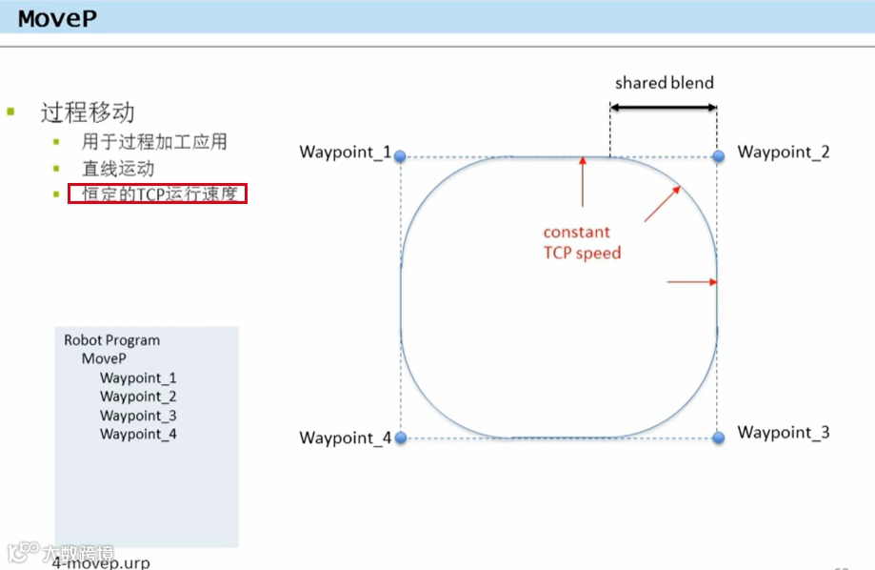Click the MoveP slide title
pyautogui.click(x=57, y=18)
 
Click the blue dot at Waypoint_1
pyautogui.click(x=400, y=155)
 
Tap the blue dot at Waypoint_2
pyautogui.click(x=718, y=155)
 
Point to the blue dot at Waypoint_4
pyautogui.click(x=400, y=438)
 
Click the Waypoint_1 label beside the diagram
pyautogui.click(x=345, y=153)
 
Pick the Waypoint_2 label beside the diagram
pyautogui.click(x=784, y=152)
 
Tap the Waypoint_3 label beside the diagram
pyautogui.click(x=784, y=433)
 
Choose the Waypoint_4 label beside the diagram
pyautogui.click(x=345, y=438)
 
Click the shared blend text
pyautogui.click(x=664, y=83)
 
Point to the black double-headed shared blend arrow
pyautogui.click(x=663, y=108)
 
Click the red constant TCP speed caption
pyautogui.click(x=581, y=243)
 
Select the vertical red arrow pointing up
pyautogui.click(x=582, y=181)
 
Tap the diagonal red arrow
pyautogui.click(x=663, y=203)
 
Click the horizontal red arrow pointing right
pyautogui.click(x=691, y=281)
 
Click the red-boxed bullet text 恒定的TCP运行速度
pyautogui.click(x=158, y=194)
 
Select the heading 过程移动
pyautogui.click(x=88, y=112)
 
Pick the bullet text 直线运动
pyautogui.click(x=118, y=169)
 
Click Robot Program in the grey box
pyautogui.click(x=111, y=340)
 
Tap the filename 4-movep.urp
pyautogui.click(x=102, y=562)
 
